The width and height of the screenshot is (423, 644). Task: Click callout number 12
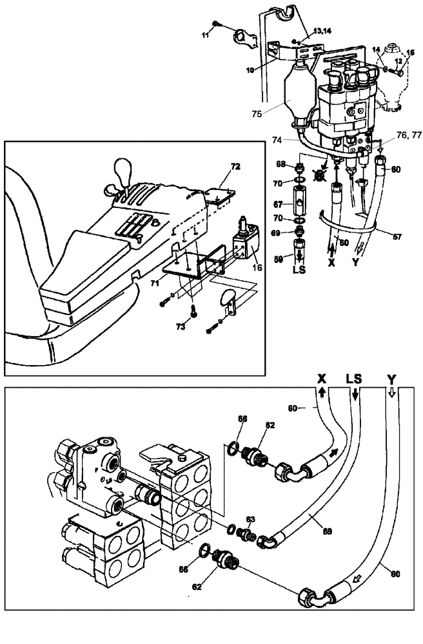[398, 61]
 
